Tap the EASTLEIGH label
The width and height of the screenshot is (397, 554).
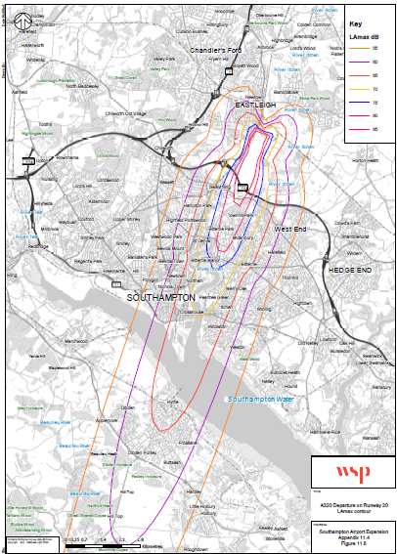click(x=257, y=104)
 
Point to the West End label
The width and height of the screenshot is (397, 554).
click(x=291, y=228)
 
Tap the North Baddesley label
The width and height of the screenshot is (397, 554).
click(x=84, y=86)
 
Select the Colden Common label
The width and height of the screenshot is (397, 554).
click(x=312, y=23)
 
